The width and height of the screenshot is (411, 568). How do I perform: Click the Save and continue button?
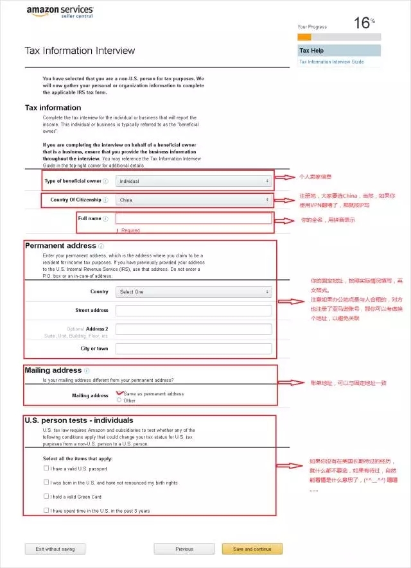252,549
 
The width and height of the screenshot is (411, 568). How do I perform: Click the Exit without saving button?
55,549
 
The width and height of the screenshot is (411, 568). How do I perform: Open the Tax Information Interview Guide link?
331,62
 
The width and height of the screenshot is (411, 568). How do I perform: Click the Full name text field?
193,219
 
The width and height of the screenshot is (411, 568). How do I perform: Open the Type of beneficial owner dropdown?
193,181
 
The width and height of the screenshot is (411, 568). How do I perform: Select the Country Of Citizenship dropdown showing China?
193,200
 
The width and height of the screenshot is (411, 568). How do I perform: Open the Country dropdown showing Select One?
193,291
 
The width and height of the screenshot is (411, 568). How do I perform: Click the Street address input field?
193,311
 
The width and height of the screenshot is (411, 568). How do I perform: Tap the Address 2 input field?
193,329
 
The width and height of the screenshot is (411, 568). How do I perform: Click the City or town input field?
193,349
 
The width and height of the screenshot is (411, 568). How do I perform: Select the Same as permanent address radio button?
119,393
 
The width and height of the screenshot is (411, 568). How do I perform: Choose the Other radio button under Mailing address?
119,400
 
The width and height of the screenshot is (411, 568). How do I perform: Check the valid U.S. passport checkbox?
46,468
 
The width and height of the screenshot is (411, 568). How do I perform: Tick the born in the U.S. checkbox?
46,482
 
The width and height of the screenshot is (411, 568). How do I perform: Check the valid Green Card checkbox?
46,496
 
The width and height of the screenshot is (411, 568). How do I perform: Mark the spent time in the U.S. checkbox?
46,510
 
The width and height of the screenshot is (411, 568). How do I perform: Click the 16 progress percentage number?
362,24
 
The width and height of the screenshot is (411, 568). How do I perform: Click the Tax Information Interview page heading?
80,51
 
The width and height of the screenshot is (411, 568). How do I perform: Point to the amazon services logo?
60,12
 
